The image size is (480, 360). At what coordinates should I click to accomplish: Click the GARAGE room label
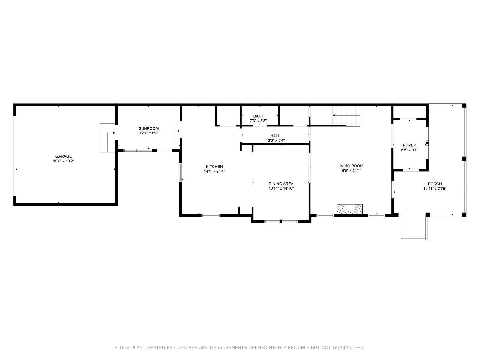(x=63, y=156)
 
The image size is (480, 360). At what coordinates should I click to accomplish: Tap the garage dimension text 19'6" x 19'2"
(x=63, y=161)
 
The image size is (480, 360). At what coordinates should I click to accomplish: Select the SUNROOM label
(x=149, y=128)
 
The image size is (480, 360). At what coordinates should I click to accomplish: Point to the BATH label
(x=258, y=116)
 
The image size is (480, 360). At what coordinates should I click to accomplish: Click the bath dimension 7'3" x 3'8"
(x=258, y=121)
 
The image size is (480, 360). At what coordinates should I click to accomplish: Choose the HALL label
(x=275, y=136)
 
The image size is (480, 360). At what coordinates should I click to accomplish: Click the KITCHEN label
(x=214, y=166)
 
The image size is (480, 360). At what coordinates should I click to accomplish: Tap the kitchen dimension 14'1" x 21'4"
(x=214, y=171)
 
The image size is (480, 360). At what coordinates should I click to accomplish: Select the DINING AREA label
(x=281, y=184)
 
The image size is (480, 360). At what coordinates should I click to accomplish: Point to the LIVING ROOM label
(x=350, y=166)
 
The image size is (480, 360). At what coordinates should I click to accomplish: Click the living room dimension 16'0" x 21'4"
(x=350, y=170)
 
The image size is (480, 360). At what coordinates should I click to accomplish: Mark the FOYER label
(x=409, y=145)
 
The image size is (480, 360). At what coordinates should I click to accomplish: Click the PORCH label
(x=435, y=184)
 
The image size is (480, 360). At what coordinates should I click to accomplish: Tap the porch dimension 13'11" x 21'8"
(x=435, y=189)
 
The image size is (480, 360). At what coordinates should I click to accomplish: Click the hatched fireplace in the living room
(x=350, y=209)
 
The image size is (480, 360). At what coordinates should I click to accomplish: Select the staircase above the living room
(x=346, y=116)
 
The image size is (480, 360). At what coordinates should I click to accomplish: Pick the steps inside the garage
(x=108, y=138)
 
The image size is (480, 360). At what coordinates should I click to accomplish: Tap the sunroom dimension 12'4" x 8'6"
(x=149, y=133)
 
